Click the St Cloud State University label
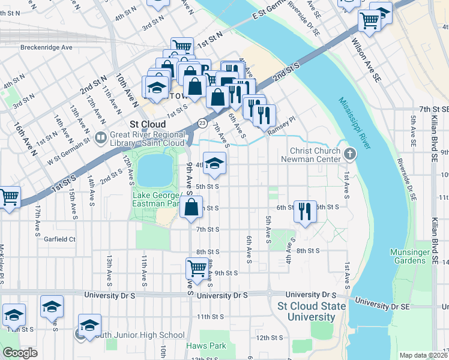312,311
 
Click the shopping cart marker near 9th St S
197,267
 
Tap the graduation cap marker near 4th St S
214,163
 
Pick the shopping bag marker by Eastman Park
191,208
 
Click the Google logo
20,353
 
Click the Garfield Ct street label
59,239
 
